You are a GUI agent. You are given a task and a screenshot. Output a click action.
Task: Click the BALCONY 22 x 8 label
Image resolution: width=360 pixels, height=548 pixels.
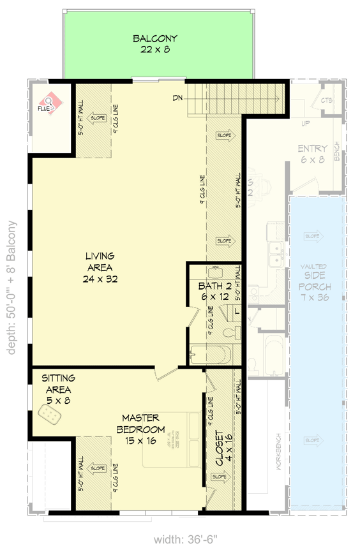coord(155,44)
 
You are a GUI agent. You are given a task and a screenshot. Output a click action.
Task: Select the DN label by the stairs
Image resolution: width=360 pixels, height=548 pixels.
coord(178,98)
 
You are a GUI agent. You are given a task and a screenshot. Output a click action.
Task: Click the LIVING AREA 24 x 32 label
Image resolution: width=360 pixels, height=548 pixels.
coord(103,267)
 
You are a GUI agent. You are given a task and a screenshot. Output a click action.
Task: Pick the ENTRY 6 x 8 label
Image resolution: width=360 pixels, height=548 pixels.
coord(312,154)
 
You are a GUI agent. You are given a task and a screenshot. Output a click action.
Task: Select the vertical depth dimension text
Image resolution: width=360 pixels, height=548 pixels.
coord(11,287)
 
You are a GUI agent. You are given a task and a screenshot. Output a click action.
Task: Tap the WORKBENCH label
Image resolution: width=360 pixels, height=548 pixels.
coord(278,454)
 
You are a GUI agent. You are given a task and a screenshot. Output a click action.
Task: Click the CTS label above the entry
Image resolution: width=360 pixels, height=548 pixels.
coord(327,101)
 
